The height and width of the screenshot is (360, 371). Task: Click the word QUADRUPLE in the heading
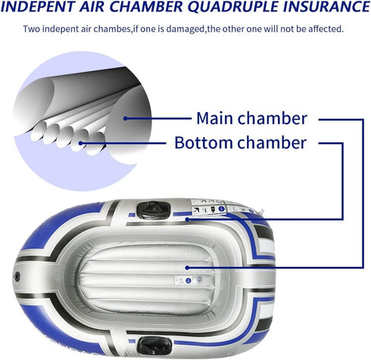click(232, 7)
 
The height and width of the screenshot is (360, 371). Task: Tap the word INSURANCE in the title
click(326, 7)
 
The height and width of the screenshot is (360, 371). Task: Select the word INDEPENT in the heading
click(38, 7)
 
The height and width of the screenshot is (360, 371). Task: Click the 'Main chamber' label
click(251, 118)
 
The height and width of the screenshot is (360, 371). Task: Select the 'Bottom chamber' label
click(241, 142)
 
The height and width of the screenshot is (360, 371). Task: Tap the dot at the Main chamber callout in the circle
click(126, 118)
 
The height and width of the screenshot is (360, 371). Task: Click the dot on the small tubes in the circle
click(80, 143)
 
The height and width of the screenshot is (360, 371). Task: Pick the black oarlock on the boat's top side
click(154, 210)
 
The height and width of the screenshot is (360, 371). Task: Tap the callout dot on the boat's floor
click(187, 268)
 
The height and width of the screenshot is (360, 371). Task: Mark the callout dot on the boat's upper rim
click(187, 219)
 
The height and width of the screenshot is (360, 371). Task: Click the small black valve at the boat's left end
click(17, 277)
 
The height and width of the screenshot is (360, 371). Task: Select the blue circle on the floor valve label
click(189, 280)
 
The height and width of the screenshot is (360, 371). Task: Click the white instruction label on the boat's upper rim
click(208, 208)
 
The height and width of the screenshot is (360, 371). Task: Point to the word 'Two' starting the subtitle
click(32, 29)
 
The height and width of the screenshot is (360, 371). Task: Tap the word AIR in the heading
click(92, 7)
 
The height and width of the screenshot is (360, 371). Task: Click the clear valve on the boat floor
click(199, 280)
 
